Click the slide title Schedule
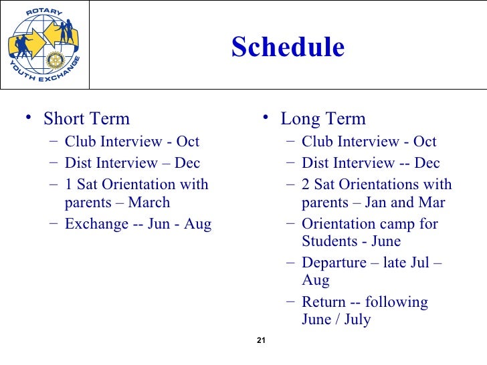click(288, 47)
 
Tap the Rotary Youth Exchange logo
click(44, 44)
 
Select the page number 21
click(262, 342)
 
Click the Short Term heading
click(86, 119)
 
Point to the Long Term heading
click(323, 119)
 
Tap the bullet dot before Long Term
click(265, 118)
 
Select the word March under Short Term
click(149, 203)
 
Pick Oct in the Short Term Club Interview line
click(188, 142)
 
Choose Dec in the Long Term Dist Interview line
click(427, 163)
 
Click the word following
click(397, 302)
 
